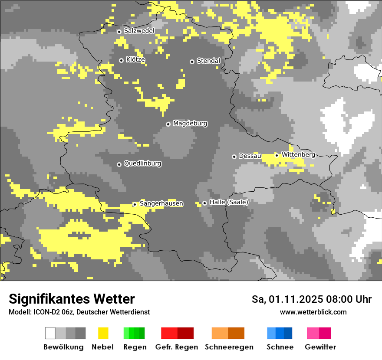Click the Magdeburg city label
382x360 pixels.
coord(190,124)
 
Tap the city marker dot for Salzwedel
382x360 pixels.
coord(119,31)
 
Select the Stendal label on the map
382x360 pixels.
coord(208,61)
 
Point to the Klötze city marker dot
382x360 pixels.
coord(121,60)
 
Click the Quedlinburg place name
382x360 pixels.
coord(142,164)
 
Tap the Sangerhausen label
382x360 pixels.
coord(161,203)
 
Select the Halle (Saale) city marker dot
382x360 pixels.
coord(204,203)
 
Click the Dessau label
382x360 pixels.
coord(250,156)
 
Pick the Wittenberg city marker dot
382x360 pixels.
coord(277,155)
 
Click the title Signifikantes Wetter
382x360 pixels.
coord(72,299)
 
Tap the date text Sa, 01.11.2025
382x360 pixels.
coord(289,299)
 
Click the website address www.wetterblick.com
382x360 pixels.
coord(313,312)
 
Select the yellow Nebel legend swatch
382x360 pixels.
coord(103,333)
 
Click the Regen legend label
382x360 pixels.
coord(135,347)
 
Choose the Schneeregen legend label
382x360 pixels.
coord(229,347)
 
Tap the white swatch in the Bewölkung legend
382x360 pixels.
coord(50,333)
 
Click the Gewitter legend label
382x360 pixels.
coord(320,347)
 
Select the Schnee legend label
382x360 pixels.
coord(280,347)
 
